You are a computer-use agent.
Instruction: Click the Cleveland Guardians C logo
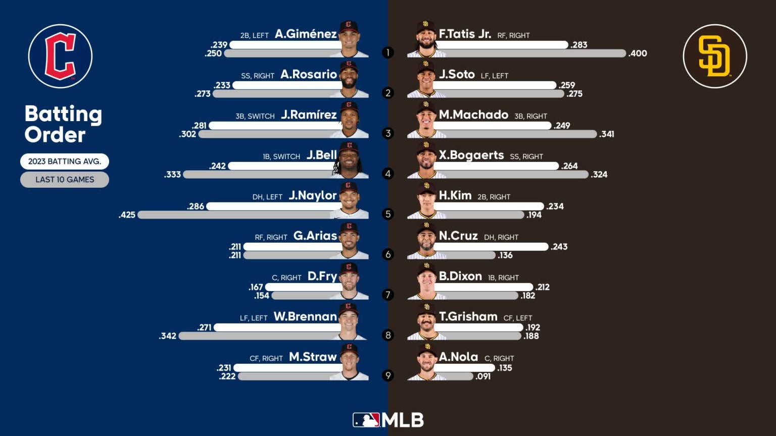60,56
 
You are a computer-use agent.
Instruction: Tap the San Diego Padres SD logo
714,56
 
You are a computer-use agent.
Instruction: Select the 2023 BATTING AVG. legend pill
65,161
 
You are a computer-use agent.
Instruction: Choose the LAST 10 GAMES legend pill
65,180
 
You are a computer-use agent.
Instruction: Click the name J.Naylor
312,196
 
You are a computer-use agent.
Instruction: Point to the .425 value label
127,215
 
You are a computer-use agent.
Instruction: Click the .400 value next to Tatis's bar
638,53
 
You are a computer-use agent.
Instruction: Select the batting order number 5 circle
388,214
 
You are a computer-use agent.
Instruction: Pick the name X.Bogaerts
471,155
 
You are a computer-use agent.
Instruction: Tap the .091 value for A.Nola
483,376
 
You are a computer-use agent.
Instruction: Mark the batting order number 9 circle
388,375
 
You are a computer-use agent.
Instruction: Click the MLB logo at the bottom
388,420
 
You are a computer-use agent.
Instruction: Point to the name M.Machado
473,115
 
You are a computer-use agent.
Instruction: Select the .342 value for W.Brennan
168,336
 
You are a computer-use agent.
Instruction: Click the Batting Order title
63,124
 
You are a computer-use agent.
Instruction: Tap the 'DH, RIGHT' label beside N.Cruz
501,237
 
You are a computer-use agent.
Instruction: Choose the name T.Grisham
468,317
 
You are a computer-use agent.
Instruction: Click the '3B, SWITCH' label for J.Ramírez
255,116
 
